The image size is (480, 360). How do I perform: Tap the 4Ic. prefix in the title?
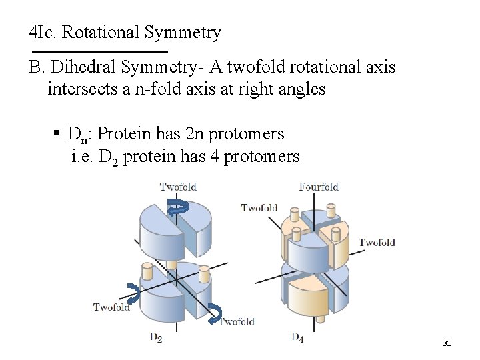pyautogui.click(x=43, y=32)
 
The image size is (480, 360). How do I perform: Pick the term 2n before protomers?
pyautogui.click(x=191, y=134)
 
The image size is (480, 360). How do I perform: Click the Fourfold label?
pyautogui.click(x=319, y=187)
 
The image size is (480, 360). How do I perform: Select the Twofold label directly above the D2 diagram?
pyautogui.click(x=178, y=187)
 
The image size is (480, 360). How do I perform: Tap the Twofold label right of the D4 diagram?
pyautogui.click(x=377, y=242)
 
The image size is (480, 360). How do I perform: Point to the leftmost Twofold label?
pyautogui.click(x=111, y=307)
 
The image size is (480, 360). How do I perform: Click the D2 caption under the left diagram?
pyautogui.click(x=155, y=338)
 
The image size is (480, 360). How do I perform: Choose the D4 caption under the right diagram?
pyautogui.click(x=297, y=337)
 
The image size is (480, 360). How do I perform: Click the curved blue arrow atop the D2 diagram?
pyautogui.click(x=177, y=207)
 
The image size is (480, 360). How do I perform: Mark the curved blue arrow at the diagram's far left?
pyautogui.click(x=133, y=292)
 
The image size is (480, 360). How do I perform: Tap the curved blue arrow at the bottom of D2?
pyautogui.click(x=215, y=313)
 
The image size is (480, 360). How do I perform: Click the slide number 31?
pyautogui.click(x=447, y=343)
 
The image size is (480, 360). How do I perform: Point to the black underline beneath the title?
pyautogui.click(x=100, y=51)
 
